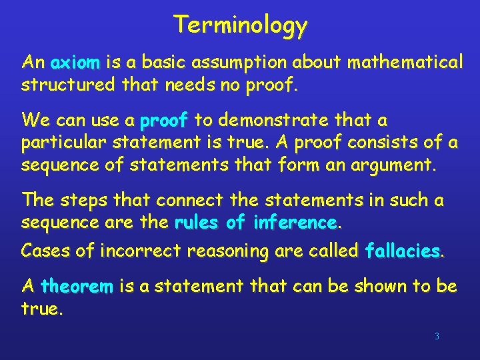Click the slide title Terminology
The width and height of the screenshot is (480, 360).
[241, 25]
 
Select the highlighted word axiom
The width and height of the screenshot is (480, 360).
[75, 63]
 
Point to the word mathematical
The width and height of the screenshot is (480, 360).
[405, 63]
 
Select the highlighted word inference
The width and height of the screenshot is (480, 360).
[295, 222]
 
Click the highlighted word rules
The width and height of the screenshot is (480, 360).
[197, 222]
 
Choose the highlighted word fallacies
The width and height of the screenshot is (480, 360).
[403, 251]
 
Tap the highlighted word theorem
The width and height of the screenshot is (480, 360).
[77, 287]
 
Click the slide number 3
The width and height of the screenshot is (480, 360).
[437, 337]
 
